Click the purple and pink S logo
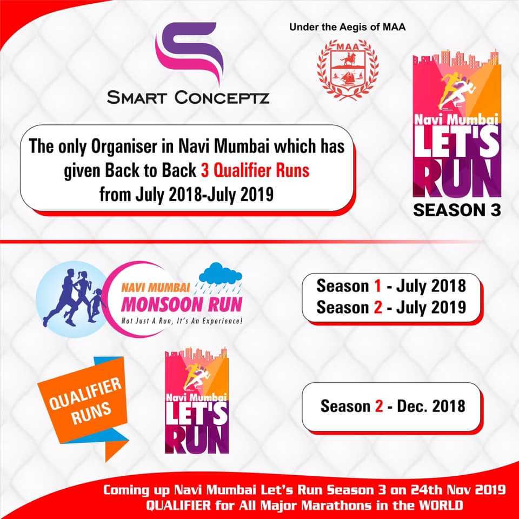pyautogui.click(x=189, y=53)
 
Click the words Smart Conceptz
pyautogui.click(x=188, y=98)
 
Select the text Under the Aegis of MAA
pyautogui.click(x=347, y=27)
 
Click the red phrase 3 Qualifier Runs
pyautogui.click(x=255, y=170)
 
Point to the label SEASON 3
pyautogui.click(x=457, y=210)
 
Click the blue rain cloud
pyautogui.click(x=220, y=274)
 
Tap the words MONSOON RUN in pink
pyautogui.click(x=182, y=304)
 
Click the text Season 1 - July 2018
pyautogui.click(x=391, y=285)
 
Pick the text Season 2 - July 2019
pyautogui.click(x=391, y=307)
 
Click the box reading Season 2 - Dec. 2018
pyautogui.click(x=391, y=407)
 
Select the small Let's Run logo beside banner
pyautogui.click(x=197, y=401)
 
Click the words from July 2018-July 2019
pyautogui.click(x=187, y=195)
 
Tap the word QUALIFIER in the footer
pyautogui.click(x=178, y=505)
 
